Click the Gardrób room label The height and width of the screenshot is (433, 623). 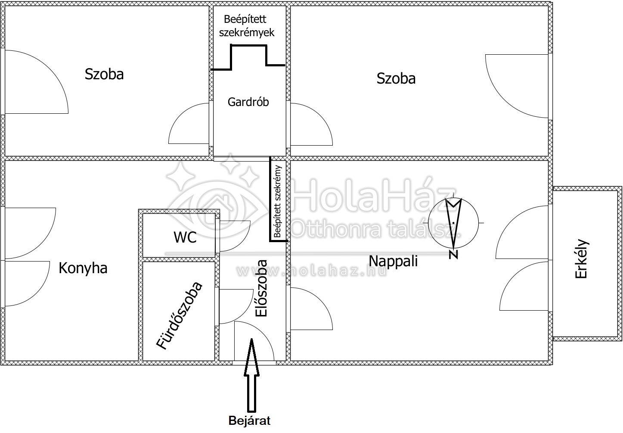coord(248,102)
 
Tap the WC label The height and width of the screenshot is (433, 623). coord(185,237)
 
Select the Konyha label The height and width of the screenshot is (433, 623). coord(83,268)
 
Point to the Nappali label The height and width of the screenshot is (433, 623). coord(393,261)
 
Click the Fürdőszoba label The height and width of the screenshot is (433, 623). coord(179,315)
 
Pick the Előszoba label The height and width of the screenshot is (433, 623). coord(261,288)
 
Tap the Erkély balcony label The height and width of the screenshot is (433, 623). coord(581,259)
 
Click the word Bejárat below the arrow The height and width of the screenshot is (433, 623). coord(249,421)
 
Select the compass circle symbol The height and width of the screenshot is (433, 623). coord(453,223)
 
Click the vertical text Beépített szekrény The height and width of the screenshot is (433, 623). coord(278,202)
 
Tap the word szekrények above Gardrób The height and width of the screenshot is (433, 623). coord(247,33)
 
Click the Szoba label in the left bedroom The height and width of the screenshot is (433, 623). coord(104,74)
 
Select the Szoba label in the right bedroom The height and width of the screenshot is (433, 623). coord(396,78)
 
